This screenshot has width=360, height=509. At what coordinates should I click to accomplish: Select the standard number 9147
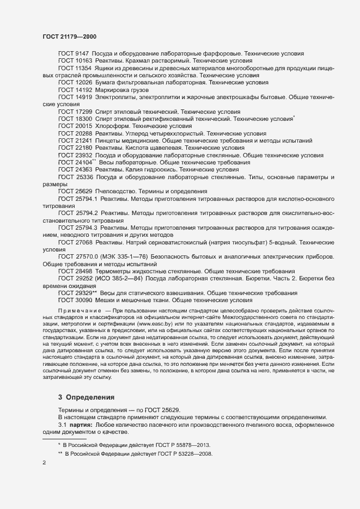click(x=82, y=54)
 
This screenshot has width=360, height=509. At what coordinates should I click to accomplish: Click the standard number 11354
click(x=84, y=68)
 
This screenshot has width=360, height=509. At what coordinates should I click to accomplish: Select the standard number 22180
click(x=84, y=148)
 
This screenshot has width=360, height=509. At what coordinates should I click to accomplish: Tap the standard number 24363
click(x=84, y=170)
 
